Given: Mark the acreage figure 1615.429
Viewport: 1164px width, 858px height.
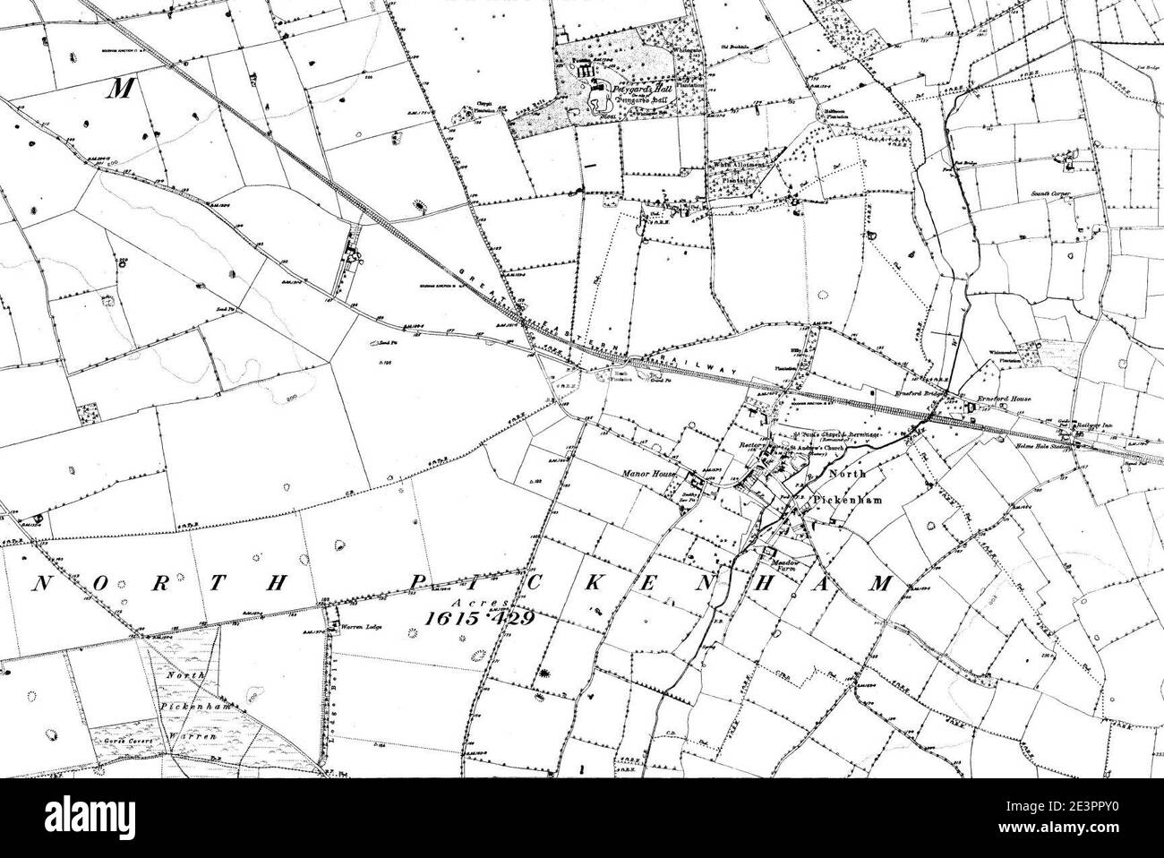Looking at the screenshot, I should click(475, 619).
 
